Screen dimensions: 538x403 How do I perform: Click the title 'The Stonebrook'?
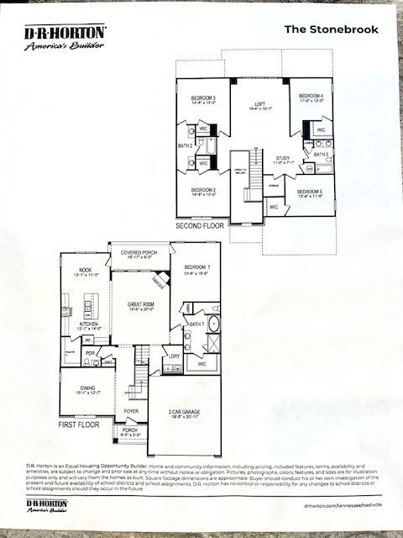pos(331,29)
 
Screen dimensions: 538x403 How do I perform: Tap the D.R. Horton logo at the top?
pos(65,37)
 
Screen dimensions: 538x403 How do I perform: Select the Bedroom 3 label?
pos(202,100)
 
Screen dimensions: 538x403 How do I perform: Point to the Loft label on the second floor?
pos(258,104)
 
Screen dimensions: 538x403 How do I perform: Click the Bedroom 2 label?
pos(202,192)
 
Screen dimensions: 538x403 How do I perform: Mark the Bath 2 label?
pos(185,145)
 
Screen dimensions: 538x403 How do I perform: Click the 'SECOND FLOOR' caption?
pos(199,226)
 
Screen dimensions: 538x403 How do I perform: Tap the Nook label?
pos(85,272)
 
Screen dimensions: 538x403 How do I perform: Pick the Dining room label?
pos(86,389)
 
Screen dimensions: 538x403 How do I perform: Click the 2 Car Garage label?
pos(184,412)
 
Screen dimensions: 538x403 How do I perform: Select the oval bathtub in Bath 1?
pos(213,324)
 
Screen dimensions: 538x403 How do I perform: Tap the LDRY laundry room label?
pos(173,356)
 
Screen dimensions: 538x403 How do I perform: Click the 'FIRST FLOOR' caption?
pos(79,425)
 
